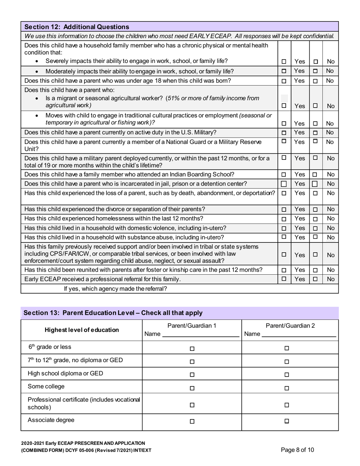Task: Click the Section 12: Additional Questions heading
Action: point(77,27)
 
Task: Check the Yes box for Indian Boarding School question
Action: point(284,175)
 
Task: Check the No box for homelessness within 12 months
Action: point(315,219)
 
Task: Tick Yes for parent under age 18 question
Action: point(284,81)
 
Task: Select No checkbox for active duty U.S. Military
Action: point(315,133)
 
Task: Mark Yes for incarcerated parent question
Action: point(284,184)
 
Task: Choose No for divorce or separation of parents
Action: point(315,210)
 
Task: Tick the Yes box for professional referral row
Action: point(284,279)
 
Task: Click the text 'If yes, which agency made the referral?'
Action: point(116,289)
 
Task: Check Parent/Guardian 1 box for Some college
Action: point(192,388)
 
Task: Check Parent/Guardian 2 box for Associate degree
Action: point(286,421)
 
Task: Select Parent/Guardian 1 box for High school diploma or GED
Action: point(192,375)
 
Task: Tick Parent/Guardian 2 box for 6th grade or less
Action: point(286,348)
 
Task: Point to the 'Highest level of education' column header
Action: point(81,330)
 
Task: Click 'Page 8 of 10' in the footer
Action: point(297,450)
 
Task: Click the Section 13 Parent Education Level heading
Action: point(113,313)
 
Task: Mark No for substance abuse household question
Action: point(315,237)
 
